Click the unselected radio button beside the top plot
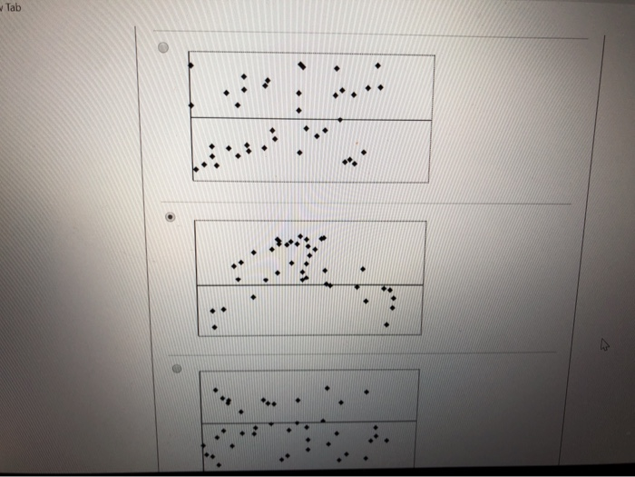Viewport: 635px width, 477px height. pos(163,50)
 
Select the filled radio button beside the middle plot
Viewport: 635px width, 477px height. pos(171,217)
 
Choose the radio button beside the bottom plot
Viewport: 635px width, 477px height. pos(178,369)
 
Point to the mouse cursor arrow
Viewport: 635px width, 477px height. pos(605,345)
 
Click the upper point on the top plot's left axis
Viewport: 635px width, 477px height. pos(190,66)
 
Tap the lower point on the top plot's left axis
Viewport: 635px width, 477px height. pos(190,105)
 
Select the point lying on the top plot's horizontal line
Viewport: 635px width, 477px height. pos(340,119)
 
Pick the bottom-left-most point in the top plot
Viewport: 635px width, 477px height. pos(195,170)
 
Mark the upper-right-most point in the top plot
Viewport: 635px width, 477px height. pos(377,65)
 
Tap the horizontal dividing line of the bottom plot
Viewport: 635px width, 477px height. pos(308,422)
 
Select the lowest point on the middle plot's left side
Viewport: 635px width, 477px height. pos(214,327)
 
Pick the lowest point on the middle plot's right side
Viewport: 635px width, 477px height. pos(386,324)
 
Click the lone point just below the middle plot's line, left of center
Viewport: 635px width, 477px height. pos(253,296)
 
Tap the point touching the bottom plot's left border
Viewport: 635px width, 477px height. pos(203,444)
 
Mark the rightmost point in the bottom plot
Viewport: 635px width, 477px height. pos(386,442)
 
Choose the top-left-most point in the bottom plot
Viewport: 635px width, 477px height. pos(215,392)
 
